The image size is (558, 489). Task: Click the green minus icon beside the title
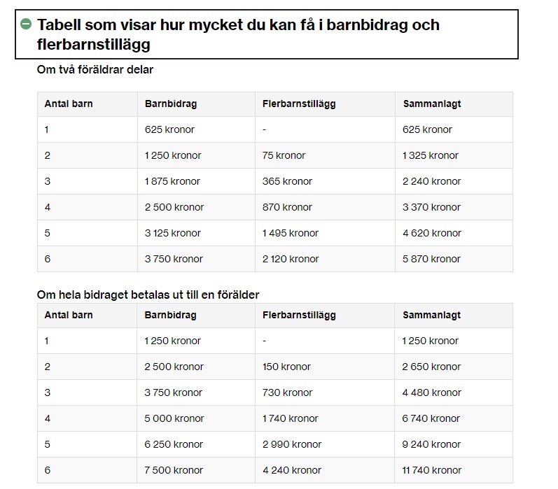[x=26, y=24]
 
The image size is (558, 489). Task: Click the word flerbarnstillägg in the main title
[x=94, y=45]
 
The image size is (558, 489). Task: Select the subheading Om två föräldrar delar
[x=95, y=70]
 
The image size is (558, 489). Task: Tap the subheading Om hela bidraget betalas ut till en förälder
[x=148, y=295]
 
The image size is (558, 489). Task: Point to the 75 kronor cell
[x=284, y=155]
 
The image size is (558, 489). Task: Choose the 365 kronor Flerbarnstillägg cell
[x=287, y=181]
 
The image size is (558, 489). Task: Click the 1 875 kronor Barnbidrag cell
[x=172, y=181]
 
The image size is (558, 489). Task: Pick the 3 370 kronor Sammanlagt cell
[x=431, y=207]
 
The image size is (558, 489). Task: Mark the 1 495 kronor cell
[x=291, y=233]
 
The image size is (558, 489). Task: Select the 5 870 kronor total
[x=431, y=259]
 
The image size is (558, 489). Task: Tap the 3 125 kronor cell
[x=172, y=233]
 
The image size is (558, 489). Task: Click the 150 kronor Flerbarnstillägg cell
[x=286, y=367]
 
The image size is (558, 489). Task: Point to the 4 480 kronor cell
[x=431, y=392]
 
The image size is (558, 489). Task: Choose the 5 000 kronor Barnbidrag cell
[x=174, y=418]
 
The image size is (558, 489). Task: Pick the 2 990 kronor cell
[x=292, y=444]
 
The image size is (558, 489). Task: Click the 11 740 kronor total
[x=432, y=470]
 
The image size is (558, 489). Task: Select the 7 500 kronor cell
[x=174, y=470]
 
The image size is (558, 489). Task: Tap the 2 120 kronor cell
[x=291, y=259]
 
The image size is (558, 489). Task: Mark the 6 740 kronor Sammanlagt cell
[x=431, y=418]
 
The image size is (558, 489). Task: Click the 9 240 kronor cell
[x=431, y=444]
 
